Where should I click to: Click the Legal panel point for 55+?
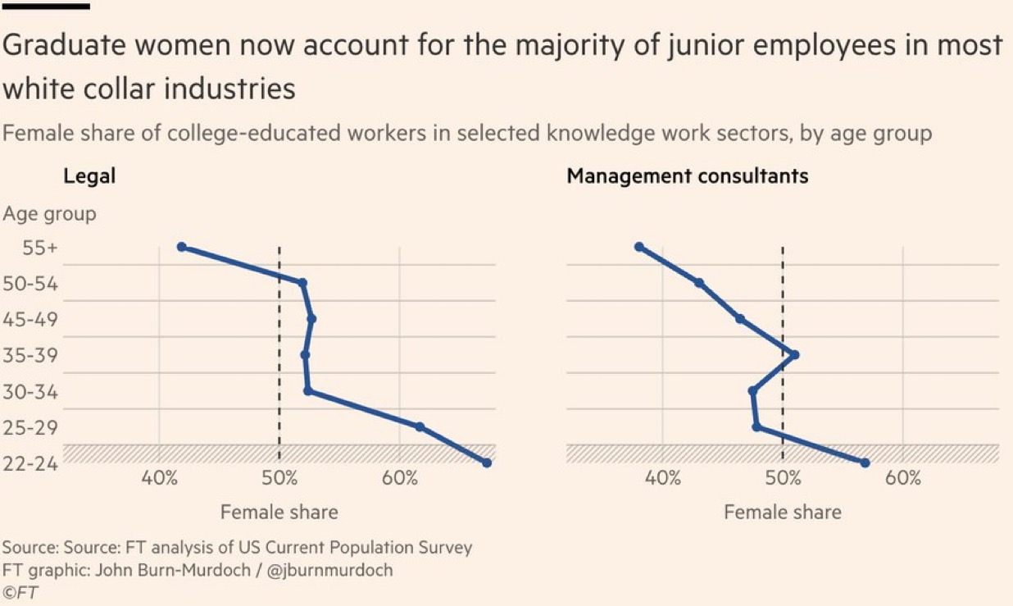[182, 247]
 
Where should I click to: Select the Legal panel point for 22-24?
[487, 462]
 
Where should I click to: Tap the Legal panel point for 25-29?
[420, 426]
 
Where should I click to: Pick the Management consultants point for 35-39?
[794, 355]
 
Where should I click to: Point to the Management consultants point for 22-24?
[865, 462]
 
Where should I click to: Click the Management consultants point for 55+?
[639, 247]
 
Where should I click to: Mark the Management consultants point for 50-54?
[699, 283]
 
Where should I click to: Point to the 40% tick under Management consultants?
[663, 478]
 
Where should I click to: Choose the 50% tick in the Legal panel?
[279, 478]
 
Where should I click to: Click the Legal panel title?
[89, 175]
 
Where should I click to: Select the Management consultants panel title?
[687, 175]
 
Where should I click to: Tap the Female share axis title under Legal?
[279, 512]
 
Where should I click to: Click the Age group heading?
[49, 214]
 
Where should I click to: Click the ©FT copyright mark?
[21, 590]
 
